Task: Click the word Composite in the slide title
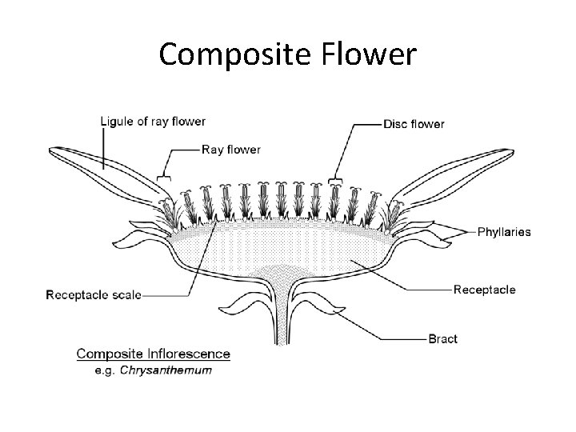228,54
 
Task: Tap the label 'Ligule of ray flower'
153,122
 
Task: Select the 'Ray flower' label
230,149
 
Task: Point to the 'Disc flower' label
414,123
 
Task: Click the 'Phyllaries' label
503,232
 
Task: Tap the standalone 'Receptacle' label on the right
484,290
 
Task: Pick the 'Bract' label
442,338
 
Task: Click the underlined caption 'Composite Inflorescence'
153,354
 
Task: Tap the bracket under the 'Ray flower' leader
165,177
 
